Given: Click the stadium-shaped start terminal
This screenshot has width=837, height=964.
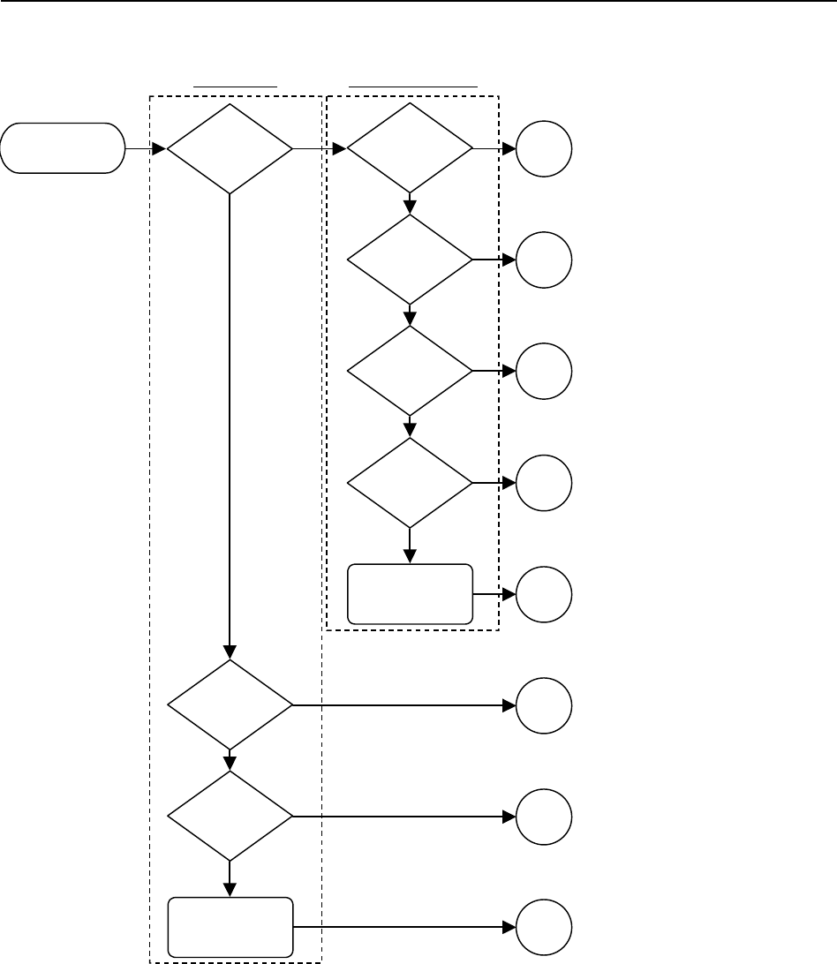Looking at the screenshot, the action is tap(62, 148).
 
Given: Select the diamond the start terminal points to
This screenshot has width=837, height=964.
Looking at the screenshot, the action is tap(230, 148).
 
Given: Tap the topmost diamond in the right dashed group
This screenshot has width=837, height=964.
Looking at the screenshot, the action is tap(410, 148).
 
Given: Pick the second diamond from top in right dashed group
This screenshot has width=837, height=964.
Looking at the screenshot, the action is tap(410, 260).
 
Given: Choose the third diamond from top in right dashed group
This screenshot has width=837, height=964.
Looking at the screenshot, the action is tap(410, 371).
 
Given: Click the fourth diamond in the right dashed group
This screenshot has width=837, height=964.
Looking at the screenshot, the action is tap(410, 482).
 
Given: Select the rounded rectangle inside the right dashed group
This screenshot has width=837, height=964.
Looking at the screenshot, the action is tap(410, 593).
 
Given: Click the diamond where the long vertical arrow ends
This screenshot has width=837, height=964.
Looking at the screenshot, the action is tap(230, 704).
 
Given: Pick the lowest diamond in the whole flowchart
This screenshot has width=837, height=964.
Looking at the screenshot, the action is tap(230, 816).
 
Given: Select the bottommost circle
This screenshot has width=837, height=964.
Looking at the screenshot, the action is tap(544, 927).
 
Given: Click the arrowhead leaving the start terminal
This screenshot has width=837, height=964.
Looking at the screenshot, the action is tap(160, 148).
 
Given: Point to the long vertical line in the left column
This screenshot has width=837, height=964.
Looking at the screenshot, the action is tap(230, 424).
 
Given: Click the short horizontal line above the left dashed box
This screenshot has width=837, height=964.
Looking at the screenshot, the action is tap(236, 87).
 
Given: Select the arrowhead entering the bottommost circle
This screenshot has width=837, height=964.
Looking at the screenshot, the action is tap(509, 927).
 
